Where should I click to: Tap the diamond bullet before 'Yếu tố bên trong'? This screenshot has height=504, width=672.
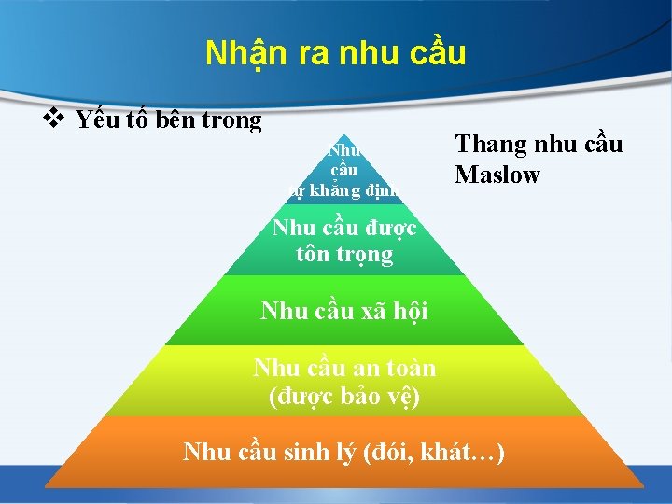click(x=53, y=119)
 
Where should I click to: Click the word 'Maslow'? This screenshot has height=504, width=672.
click(x=497, y=175)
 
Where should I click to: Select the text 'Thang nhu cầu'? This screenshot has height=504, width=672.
click(x=538, y=145)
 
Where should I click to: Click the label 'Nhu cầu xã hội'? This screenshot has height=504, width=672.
click(x=344, y=311)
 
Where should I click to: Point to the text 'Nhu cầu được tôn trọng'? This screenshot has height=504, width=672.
click(x=344, y=241)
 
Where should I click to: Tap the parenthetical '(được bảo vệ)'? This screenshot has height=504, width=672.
click(x=344, y=396)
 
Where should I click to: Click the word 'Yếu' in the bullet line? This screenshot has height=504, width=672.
click(x=97, y=119)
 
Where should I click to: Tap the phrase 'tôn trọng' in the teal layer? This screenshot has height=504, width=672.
click(x=344, y=254)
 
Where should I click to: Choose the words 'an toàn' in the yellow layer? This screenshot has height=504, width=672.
click(x=394, y=369)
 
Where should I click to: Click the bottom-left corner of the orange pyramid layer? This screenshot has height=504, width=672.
click(x=45, y=485)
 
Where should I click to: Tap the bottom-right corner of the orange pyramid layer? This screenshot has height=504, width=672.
click(x=644, y=485)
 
